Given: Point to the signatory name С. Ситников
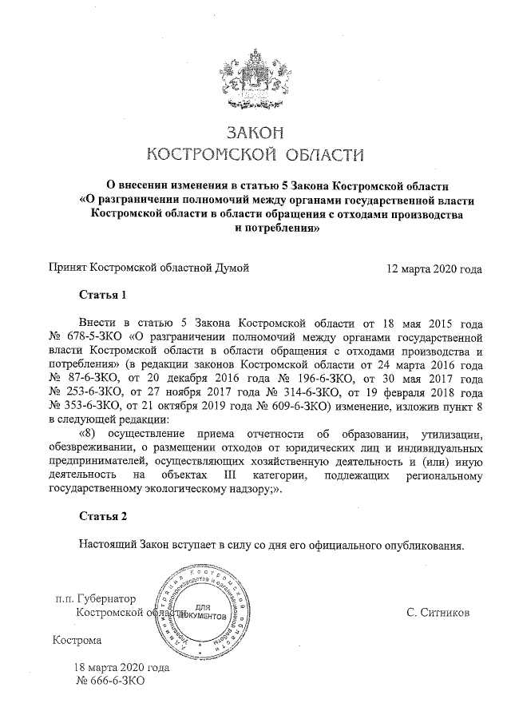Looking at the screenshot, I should click(438, 613).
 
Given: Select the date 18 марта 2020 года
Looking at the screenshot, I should click(121, 668).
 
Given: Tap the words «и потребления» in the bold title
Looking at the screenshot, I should click(276, 228).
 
